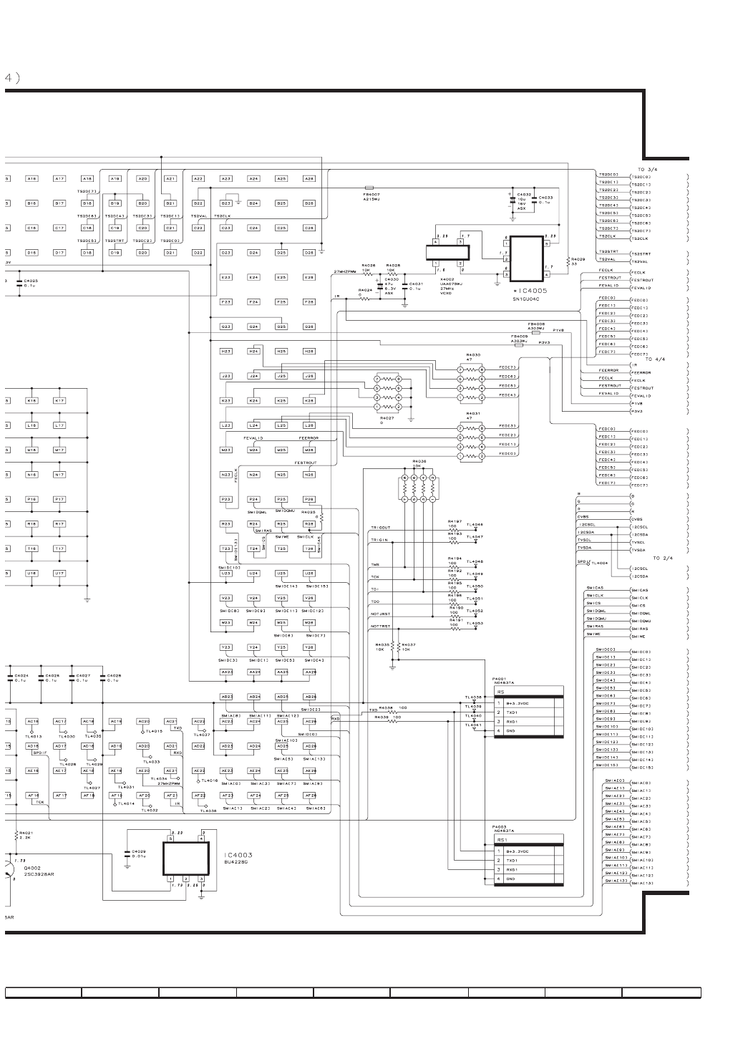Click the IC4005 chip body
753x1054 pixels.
pyautogui.click(x=526, y=258)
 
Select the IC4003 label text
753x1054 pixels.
pyautogui.click(x=236, y=855)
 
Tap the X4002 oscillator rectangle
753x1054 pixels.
pyautogui.click(x=448, y=253)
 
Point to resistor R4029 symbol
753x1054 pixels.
pyautogui.click(x=567, y=261)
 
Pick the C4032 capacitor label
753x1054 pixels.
pyautogui.click(x=524, y=194)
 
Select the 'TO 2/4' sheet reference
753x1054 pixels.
pyautogui.click(x=663, y=558)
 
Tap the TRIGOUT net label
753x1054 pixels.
pyautogui.click(x=380, y=528)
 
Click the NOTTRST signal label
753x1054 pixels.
pyautogui.click(x=380, y=626)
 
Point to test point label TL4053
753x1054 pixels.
pyautogui.click(x=475, y=623)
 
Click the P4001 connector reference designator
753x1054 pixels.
pyautogui.click(x=499, y=678)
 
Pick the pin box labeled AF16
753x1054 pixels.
pyautogui.click(x=33, y=795)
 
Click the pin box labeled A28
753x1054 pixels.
pyautogui.click(x=309, y=178)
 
